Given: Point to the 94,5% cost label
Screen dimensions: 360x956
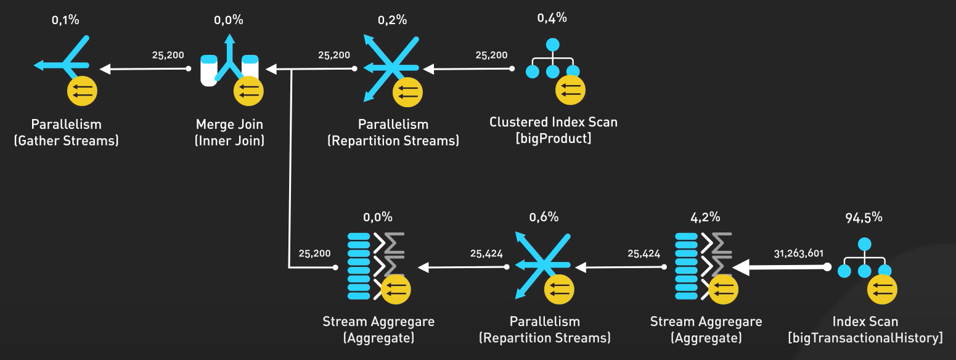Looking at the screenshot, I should (864, 217).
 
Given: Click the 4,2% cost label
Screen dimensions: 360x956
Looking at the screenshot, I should (706, 217).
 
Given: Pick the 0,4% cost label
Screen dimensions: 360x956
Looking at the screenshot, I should (552, 18).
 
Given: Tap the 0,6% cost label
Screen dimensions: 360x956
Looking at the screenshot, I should (544, 217).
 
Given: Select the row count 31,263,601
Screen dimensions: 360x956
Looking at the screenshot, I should (799, 253).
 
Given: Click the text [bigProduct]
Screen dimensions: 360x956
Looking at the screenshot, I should (553, 138).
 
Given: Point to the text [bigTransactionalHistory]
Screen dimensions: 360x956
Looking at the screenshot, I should (865, 338).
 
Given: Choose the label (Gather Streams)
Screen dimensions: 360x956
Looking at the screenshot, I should (66, 141).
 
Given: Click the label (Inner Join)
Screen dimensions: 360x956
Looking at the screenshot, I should (229, 141).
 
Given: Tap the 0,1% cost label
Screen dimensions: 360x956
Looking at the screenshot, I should (65, 20).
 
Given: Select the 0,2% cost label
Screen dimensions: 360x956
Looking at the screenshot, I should (393, 20).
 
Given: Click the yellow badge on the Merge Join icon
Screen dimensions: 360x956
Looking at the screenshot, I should (248, 92).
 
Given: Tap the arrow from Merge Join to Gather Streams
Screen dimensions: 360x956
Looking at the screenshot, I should (145, 69).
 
